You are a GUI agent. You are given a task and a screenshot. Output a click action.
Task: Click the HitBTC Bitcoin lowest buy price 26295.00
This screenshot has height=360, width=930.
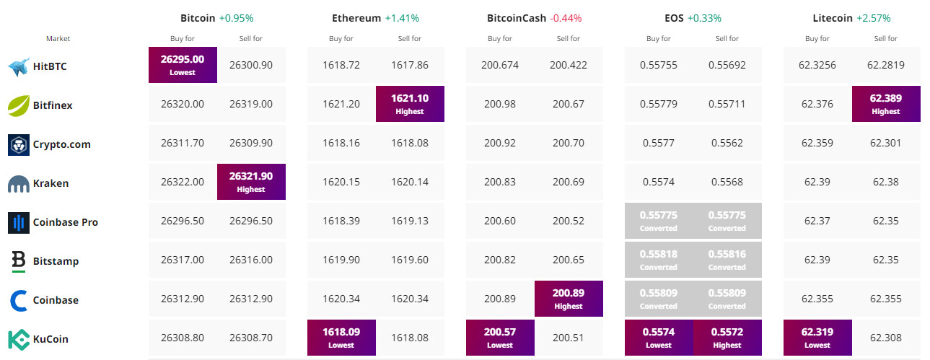tap(183, 64)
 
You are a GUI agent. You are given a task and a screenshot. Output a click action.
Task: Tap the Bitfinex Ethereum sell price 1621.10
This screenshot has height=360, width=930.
tap(410, 103)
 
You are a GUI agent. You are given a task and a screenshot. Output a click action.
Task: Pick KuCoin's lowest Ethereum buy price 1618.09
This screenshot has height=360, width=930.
tap(341, 337)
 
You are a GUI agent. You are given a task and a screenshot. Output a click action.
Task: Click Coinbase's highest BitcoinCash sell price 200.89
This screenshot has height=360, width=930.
tap(569, 298)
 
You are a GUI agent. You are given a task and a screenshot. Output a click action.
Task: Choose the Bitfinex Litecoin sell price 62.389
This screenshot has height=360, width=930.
tap(886, 103)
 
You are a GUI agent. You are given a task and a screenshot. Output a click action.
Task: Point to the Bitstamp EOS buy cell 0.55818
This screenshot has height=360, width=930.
tap(659, 259)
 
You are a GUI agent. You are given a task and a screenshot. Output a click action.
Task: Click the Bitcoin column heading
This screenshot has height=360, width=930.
tap(198, 18)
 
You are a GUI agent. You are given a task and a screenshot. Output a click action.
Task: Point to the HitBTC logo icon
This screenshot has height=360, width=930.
tap(18, 67)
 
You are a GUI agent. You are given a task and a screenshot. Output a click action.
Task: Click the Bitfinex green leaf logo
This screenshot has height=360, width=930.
tap(18, 105)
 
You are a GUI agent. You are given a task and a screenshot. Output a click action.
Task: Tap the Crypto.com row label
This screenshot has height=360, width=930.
tap(61, 144)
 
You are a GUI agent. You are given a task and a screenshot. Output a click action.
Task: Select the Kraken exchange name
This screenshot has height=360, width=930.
tap(51, 183)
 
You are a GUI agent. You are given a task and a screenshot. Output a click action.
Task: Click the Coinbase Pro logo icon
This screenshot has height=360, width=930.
tap(18, 222)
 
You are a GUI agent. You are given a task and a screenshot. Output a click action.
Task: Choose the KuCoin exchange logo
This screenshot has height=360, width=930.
tap(18, 339)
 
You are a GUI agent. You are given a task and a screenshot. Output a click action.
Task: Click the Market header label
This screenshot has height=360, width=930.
tap(58, 39)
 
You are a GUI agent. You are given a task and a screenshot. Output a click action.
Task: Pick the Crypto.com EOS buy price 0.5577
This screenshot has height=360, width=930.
tap(659, 143)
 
